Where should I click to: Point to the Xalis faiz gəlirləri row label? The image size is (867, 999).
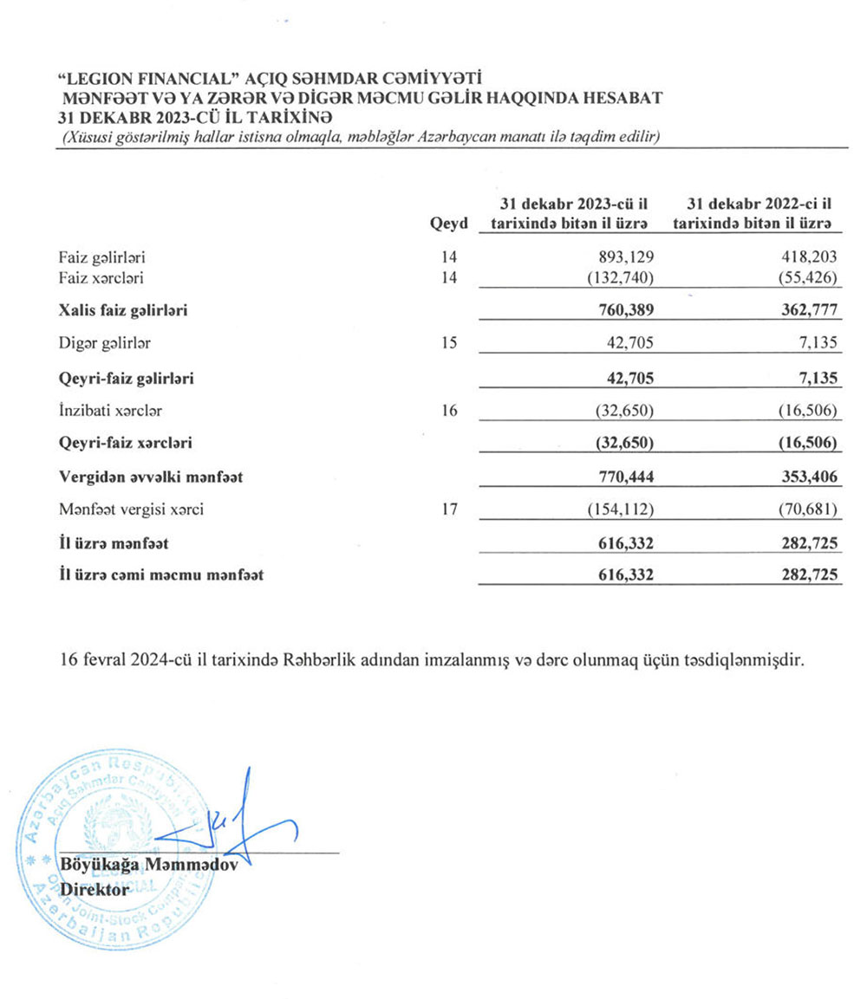(123, 309)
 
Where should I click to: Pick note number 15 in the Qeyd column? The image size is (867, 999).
(448, 343)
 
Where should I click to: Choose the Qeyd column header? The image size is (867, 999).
(448, 223)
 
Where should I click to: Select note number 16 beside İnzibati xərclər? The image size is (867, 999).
(448, 411)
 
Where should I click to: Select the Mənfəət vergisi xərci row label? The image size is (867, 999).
(131, 509)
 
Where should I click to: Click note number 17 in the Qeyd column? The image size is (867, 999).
(448, 509)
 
